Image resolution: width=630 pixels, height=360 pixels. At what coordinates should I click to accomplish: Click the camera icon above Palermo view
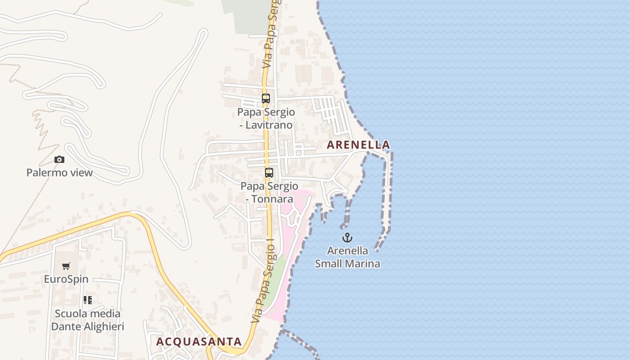59,160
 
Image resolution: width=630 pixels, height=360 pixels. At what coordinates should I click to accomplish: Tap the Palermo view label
59,173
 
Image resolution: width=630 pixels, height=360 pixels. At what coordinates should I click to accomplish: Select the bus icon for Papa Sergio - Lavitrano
266,99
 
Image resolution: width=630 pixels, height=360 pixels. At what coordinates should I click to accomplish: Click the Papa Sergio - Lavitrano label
266,118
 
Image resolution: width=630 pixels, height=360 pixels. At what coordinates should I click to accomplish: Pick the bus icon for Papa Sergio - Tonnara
269,173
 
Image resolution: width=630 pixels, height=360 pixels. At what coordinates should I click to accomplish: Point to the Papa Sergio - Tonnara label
269,192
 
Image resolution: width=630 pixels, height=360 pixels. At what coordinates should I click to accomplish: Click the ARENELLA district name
358,145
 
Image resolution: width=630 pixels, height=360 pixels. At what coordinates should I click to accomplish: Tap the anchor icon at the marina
347,238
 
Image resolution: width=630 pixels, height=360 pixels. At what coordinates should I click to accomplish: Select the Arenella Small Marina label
347,257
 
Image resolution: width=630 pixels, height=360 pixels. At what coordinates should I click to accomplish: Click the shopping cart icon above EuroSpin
66,266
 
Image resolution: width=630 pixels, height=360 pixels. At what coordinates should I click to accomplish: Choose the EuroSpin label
66,279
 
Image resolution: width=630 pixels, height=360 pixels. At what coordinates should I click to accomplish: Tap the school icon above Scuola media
88,300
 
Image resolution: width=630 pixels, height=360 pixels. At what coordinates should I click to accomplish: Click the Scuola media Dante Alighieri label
88,320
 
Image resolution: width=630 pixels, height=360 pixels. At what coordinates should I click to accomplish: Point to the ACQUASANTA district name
199,342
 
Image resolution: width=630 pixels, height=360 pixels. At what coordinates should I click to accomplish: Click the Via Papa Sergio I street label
263,281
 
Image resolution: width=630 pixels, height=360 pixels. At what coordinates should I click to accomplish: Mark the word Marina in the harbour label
364,264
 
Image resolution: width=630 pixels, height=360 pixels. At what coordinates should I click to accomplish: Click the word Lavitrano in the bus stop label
270,125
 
